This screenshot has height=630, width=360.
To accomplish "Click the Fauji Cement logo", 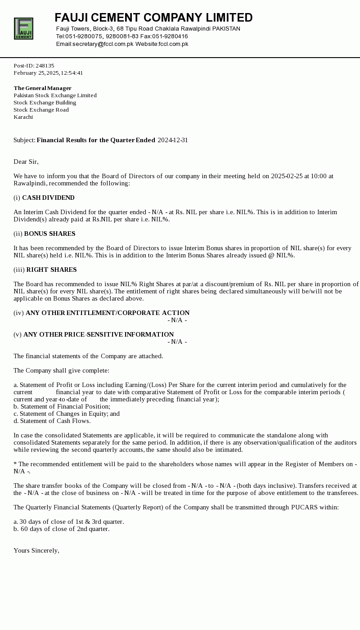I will (23, 28).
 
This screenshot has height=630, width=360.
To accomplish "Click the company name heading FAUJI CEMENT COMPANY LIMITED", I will (153, 18).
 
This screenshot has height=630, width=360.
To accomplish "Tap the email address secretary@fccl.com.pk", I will (103, 44).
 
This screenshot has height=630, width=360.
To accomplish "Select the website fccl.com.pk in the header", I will (173, 44).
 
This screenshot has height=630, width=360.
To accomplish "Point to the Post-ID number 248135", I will (45, 66).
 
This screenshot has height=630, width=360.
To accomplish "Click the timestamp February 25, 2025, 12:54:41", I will (48, 73).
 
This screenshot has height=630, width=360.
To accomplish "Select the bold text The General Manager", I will (42, 88).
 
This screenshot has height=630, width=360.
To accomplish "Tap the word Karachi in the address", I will (23, 117).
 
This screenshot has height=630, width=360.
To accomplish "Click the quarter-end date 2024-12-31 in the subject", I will (173, 140).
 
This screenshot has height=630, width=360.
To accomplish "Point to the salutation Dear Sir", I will (26, 162).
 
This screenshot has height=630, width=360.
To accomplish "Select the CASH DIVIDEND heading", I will (48, 198).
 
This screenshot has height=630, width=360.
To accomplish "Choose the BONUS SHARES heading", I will (49, 234).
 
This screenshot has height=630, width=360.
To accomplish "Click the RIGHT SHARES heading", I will (51, 270).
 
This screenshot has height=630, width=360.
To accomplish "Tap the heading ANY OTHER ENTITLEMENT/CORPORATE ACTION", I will (108, 313).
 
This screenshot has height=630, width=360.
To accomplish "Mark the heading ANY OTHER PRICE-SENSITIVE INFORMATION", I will (99, 334).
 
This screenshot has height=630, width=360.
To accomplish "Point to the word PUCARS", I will (305, 507).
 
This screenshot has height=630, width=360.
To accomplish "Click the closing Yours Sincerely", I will (36, 550).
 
